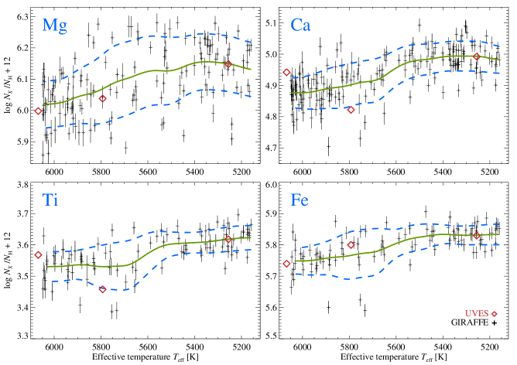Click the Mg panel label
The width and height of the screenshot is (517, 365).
[x=54, y=26]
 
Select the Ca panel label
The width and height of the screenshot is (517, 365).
[x=300, y=26]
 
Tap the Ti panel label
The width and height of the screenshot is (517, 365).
[x=50, y=200]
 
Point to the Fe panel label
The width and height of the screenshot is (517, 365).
[x=300, y=200]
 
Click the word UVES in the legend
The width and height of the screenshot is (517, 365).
[x=476, y=314]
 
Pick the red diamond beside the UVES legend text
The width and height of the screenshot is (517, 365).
[x=494, y=314]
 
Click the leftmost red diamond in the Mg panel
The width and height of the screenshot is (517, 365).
[x=38, y=111]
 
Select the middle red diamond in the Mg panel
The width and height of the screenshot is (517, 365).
[x=102, y=98]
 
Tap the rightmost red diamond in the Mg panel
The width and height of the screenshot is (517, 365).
[x=228, y=64]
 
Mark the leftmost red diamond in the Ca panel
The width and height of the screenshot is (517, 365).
[x=286, y=72]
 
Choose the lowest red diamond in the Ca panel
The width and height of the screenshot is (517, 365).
[x=351, y=110]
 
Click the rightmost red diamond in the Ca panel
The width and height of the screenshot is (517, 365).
[x=477, y=56]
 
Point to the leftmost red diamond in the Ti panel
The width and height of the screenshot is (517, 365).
[x=38, y=254]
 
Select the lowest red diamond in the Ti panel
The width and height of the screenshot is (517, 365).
[x=102, y=289]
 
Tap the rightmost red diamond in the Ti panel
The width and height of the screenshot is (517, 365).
[x=228, y=239]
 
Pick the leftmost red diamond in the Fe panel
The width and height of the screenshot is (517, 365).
[x=286, y=264]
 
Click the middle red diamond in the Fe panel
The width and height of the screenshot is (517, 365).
[x=351, y=244]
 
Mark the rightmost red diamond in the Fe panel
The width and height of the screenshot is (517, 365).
[x=477, y=235]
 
